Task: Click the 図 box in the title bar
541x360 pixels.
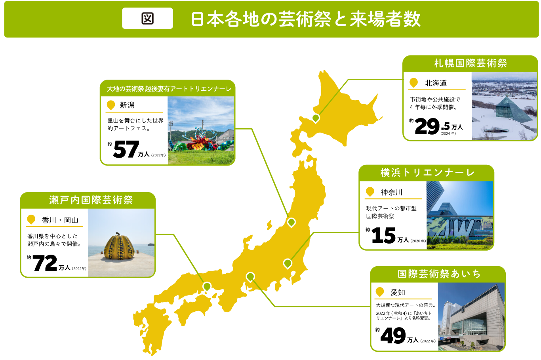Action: [x=147, y=19]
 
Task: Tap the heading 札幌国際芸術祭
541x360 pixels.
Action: [x=470, y=63]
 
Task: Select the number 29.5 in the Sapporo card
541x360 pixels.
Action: [x=432, y=126]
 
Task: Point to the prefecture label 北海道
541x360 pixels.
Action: [x=436, y=83]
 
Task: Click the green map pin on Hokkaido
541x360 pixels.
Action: [x=316, y=118]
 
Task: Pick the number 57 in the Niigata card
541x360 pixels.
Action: [x=126, y=150]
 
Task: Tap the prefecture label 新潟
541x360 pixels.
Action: [x=127, y=105]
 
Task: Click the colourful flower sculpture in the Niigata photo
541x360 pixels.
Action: [x=200, y=143]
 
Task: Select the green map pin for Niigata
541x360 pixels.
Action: [x=291, y=222]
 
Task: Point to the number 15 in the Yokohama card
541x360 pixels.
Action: [x=383, y=236]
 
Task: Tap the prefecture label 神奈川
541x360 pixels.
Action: [x=391, y=192]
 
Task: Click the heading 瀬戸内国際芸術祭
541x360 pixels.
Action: [x=91, y=200]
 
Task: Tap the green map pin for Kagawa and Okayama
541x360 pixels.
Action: [x=207, y=286]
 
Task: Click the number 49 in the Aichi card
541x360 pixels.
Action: [x=393, y=336]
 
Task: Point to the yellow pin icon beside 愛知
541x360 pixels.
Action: [x=380, y=292]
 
